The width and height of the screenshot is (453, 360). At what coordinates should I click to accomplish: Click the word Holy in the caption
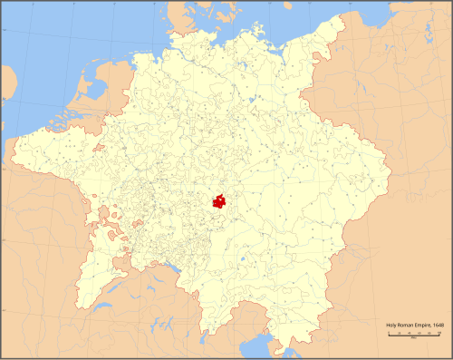point(390,325)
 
